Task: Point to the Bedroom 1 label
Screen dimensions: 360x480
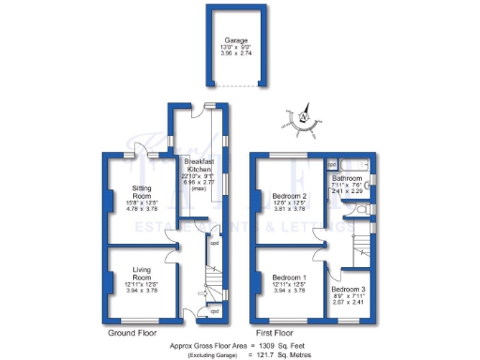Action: [289, 278]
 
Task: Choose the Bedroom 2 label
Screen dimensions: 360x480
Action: [289, 197]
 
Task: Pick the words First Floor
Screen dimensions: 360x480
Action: [275, 333]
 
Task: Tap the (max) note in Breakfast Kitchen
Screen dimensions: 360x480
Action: [197, 188]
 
